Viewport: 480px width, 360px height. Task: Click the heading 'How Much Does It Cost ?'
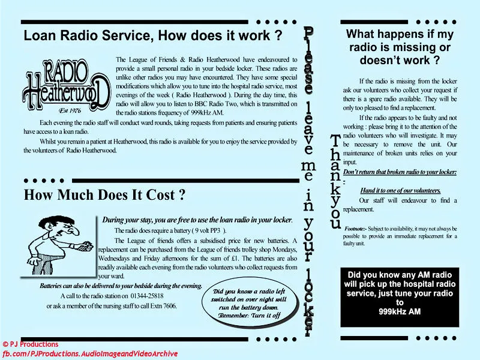[104, 195]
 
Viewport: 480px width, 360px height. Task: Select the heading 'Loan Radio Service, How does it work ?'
[152, 35]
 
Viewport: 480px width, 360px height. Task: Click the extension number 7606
[166, 306]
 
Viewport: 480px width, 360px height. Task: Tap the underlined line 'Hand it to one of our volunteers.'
[400, 191]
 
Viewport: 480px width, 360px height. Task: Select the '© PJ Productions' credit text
[31, 344]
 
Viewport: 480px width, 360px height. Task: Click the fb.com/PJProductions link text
[90, 353]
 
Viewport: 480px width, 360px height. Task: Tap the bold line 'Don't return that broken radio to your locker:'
[400, 172]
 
